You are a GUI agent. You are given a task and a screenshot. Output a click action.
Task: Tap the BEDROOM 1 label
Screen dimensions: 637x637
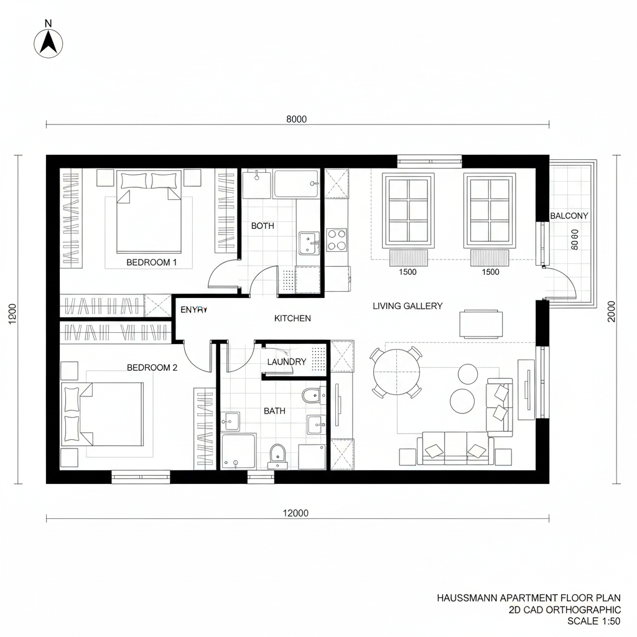click(152, 263)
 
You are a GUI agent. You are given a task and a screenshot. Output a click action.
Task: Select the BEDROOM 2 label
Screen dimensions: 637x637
click(152, 368)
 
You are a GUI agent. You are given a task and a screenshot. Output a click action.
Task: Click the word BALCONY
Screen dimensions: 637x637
click(569, 216)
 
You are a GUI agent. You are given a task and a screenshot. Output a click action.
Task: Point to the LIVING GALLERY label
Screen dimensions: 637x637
click(407, 306)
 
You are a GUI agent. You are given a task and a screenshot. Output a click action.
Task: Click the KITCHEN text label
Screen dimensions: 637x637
click(292, 318)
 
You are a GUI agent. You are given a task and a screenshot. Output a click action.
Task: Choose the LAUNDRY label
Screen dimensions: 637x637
click(286, 362)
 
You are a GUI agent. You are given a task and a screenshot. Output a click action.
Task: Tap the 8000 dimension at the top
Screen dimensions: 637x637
click(296, 120)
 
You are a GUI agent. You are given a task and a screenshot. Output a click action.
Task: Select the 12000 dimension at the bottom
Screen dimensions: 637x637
click(295, 513)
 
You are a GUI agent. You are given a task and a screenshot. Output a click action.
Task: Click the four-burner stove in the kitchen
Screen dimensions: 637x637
click(337, 239)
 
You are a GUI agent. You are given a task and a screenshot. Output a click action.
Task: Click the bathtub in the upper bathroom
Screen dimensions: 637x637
click(295, 184)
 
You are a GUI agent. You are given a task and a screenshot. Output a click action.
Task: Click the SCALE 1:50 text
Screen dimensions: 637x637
click(594, 621)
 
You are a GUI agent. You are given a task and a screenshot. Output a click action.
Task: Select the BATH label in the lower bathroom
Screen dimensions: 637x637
click(274, 411)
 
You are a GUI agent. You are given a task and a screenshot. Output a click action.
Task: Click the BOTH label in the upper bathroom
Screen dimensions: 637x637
click(263, 226)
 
